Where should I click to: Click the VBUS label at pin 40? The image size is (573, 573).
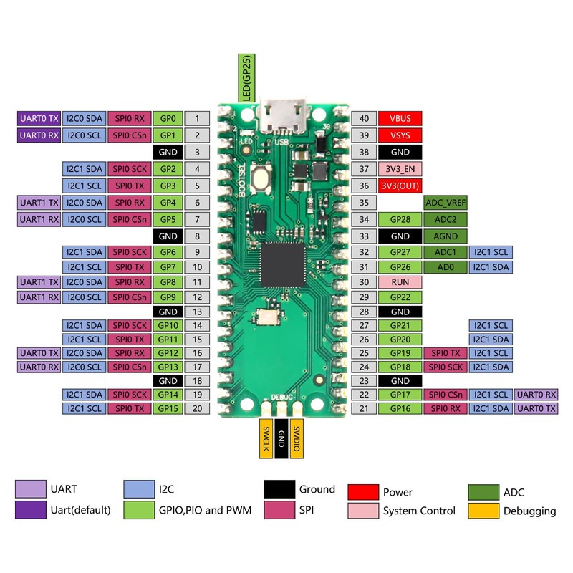pyautogui.click(x=400, y=118)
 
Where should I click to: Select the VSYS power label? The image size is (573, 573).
pyautogui.click(x=400, y=135)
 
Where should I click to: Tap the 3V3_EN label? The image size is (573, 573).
pyautogui.click(x=400, y=170)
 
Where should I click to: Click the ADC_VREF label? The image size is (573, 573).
pyautogui.click(x=446, y=203)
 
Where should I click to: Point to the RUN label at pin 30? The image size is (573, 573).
pyautogui.click(x=400, y=282)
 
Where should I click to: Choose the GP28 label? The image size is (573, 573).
pyautogui.click(x=400, y=219)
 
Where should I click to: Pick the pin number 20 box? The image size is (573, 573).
pyautogui.click(x=197, y=408)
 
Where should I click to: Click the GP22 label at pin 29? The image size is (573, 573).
pyautogui.click(x=400, y=297)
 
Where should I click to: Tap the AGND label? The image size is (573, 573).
pyautogui.click(x=446, y=236)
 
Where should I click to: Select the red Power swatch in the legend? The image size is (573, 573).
pyautogui.click(x=362, y=492)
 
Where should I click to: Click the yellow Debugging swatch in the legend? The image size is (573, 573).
pyautogui.click(x=483, y=511)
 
